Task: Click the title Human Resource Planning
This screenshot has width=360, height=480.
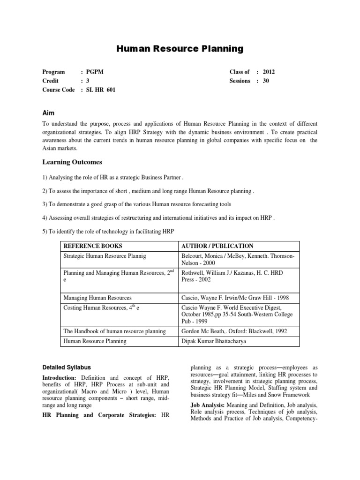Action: pyautogui.click(x=180, y=48)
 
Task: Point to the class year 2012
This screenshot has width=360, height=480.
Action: pyautogui.click(x=270, y=72)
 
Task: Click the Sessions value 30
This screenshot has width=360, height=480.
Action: pyautogui.click(x=266, y=81)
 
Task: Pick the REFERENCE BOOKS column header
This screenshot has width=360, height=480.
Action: pyautogui.click(x=92, y=246)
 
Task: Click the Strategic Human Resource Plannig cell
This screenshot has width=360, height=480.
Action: pyautogui.click(x=105, y=256)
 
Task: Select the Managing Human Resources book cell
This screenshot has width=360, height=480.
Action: pyautogui.click(x=97, y=298)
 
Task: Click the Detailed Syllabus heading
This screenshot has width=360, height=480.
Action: pyautogui.click(x=67, y=367)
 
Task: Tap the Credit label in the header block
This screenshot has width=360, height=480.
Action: pyautogui.click(x=51, y=81)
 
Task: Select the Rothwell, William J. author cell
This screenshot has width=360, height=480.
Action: pyautogui.click(x=232, y=276)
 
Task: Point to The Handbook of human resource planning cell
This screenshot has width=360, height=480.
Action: pyautogui.click(x=114, y=331)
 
